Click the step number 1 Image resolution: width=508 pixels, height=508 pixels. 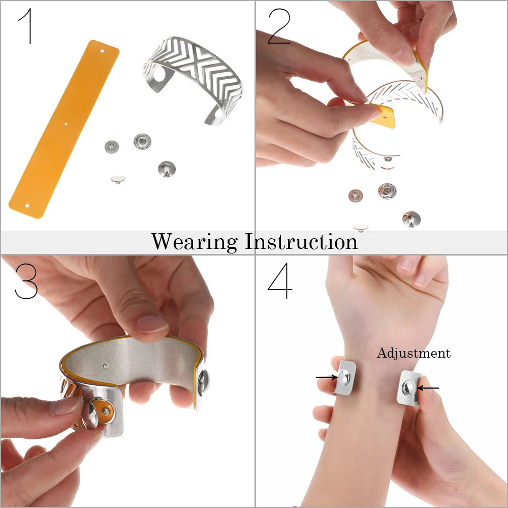(x=28, y=26)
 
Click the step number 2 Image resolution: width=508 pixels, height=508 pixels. (x=278, y=26)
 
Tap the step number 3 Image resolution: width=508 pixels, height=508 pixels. (x=26, y=281)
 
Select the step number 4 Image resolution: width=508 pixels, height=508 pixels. (x=280, y=280)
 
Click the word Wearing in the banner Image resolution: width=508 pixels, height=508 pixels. (x=195, y=242)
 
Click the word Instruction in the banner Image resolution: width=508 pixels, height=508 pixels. (x=301, y=241)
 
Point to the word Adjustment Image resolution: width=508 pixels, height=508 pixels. (x=414, y=353)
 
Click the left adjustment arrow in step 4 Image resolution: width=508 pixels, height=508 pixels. (x=327, y=377)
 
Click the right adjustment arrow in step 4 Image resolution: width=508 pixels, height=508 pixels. (x=428, y=388)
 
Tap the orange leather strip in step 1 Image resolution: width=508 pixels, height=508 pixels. (x=64, y=129)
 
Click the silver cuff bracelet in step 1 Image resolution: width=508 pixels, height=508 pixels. (x=193, y=81)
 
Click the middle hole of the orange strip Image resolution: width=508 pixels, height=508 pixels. (x=66, y=124)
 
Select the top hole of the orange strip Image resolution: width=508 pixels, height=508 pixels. (x=102, y=51)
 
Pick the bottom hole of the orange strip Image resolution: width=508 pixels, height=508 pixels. (x=27, y=206)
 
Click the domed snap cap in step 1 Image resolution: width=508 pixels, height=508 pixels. (x=167, y=169)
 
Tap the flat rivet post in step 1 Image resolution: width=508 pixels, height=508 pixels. (x=118, y=179)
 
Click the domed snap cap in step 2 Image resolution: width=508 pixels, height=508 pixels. (x=411, y=219)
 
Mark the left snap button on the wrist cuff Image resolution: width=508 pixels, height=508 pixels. (x=343, y=377)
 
